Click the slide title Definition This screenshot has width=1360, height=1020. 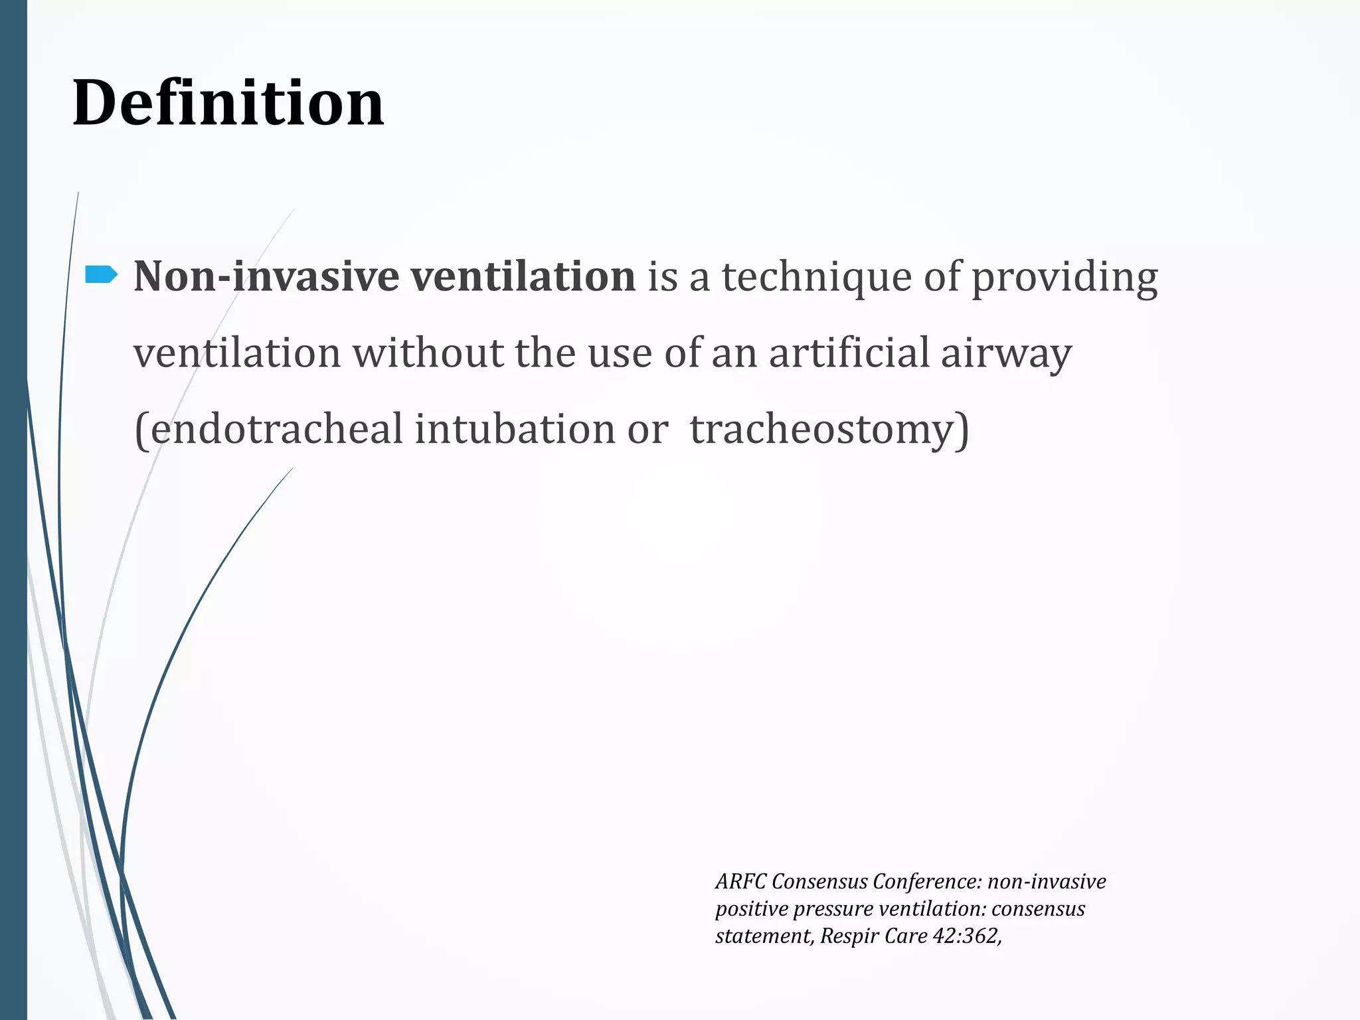coord(228,103)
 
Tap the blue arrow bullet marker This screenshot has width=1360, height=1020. coord(102,274)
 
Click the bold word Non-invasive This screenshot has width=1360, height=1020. coord(266,276)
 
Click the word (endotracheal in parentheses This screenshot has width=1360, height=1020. coord(268,428)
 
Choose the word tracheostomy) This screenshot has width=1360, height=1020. coord(829,430)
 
